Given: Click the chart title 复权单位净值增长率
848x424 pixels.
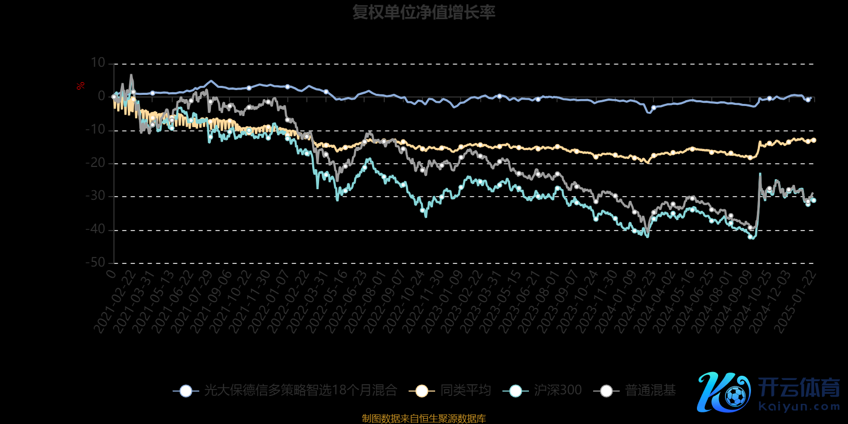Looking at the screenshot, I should pos(423,12).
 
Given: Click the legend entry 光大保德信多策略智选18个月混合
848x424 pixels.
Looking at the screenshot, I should pos(301,391).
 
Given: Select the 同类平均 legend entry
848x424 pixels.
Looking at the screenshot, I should pos(465,391).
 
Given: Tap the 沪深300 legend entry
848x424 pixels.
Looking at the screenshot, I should pos(558,391).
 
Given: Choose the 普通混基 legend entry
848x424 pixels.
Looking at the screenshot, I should pos(650,391).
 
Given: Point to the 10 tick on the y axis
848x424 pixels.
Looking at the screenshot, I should pos(98,63).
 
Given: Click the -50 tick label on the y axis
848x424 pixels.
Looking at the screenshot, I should pos(96,262).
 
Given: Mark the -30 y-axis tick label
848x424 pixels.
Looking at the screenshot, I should pos(96,196).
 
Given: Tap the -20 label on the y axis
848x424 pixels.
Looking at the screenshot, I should pos(96,163).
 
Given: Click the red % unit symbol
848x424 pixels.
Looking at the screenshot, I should pos(81,86).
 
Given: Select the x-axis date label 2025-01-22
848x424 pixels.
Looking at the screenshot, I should pos(795,302).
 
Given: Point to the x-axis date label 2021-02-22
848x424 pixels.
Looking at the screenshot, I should pos(114,302).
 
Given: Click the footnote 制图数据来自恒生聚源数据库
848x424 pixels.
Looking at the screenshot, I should pos(423,418).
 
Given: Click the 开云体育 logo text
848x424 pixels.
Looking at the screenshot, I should pos(799,387).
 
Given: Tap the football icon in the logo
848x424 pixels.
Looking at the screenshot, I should pos(736,395).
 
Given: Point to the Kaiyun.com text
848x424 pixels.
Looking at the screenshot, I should pos(799,407).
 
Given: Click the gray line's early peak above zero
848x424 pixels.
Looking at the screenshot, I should pos(131,75).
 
